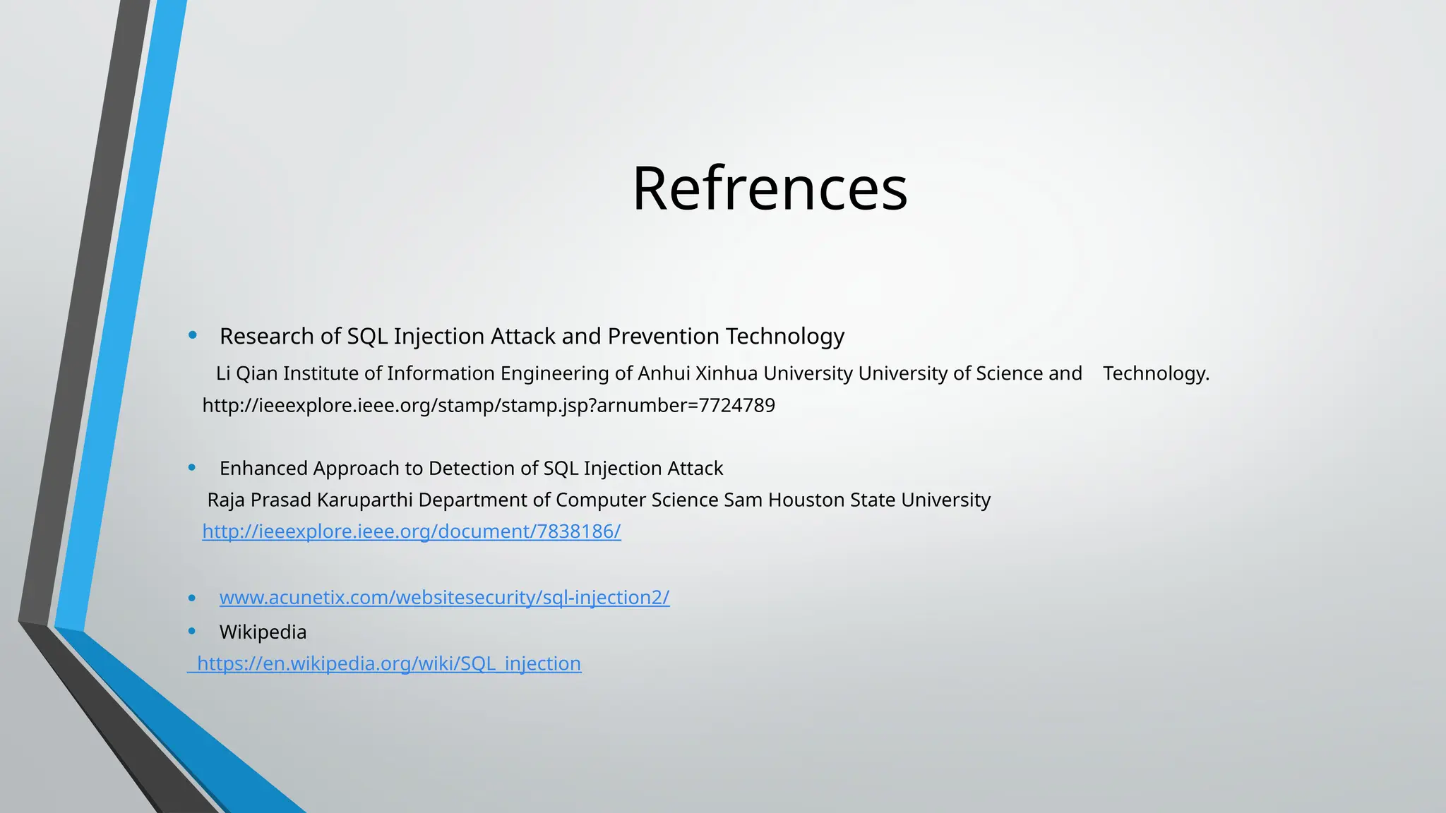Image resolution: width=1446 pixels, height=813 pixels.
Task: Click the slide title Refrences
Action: (x=770, y=188)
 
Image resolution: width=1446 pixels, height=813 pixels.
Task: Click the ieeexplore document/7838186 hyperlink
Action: (x=412, y=531)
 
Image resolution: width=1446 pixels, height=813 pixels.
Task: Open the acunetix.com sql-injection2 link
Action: (x=444, y=598)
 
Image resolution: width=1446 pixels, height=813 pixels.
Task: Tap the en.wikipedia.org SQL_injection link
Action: (x=389, y=663)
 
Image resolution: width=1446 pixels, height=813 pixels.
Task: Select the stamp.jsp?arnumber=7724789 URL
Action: (x=489, y=406)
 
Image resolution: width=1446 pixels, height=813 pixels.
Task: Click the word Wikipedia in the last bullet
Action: (x=263, y=632)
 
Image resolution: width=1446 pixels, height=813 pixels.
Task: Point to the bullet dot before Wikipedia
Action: (x=192, y=631)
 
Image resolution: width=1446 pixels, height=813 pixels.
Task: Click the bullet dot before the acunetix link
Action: (x=192, y=598)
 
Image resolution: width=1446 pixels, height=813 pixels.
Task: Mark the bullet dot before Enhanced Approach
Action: (x=192, y=467)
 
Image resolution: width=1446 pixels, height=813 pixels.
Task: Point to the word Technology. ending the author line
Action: (x=1156, y=373)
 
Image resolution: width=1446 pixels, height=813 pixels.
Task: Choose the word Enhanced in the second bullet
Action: (x=263, y=469)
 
